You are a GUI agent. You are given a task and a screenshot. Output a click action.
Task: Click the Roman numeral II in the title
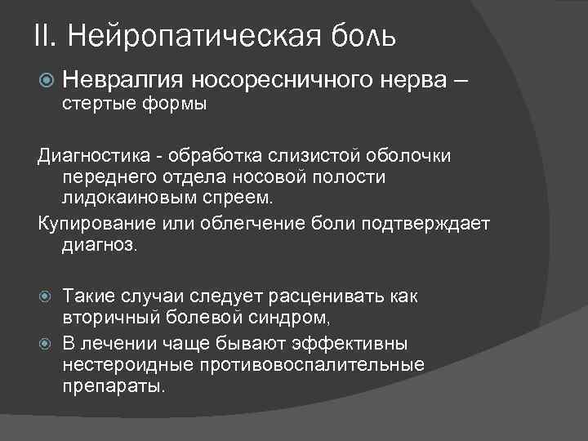pos(44,35)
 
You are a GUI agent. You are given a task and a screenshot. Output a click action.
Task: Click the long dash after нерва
pos(460,79)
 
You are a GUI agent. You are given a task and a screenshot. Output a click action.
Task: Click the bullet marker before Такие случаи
pos(46,296)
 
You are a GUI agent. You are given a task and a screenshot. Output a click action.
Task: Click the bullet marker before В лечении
pos(46,342)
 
